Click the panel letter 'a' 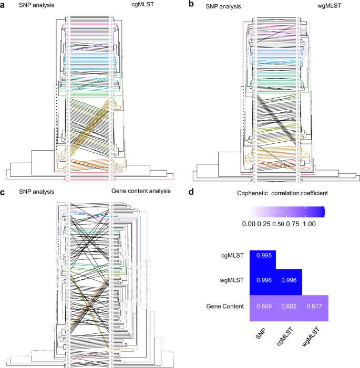[x=4, y=5]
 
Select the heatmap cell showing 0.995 [x=262, y=256]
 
